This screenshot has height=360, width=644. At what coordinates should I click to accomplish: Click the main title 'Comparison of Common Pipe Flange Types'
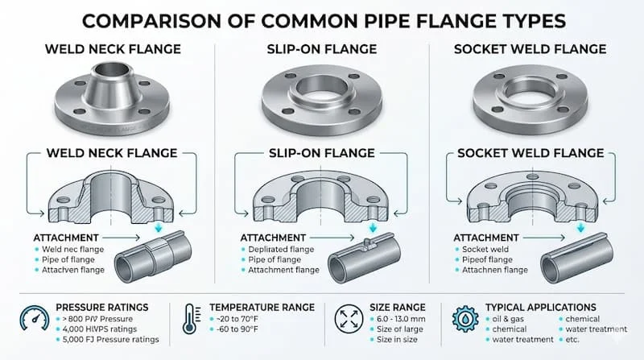(322, 19)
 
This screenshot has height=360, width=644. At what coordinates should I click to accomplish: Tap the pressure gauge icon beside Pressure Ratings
(31, 321)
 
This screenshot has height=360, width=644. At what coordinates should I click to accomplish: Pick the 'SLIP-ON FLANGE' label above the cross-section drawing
(322, 153)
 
